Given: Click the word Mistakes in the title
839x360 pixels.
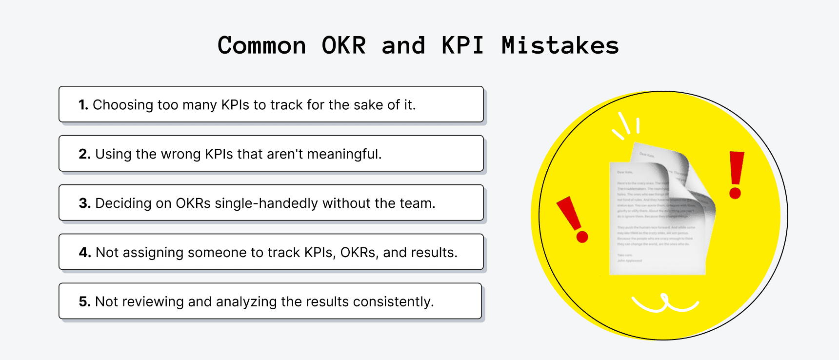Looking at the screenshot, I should [x=560, y=46].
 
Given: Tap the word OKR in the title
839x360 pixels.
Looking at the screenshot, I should [x=343, y=46].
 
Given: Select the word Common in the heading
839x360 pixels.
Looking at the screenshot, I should [x=261, y=46].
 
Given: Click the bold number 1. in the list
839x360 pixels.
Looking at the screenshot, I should [x=83, y=105].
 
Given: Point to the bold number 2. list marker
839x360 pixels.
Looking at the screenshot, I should [x=84, y=154].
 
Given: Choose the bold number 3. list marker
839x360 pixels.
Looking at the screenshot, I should [x=84, y=203].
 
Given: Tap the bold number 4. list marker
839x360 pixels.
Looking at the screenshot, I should [x=85, y=253].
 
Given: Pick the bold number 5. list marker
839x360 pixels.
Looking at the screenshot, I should [x=84, y=302].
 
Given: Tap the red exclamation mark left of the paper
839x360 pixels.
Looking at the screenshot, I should [x=573, y=219].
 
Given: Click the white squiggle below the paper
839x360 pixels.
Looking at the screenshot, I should [x=665, y=303].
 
